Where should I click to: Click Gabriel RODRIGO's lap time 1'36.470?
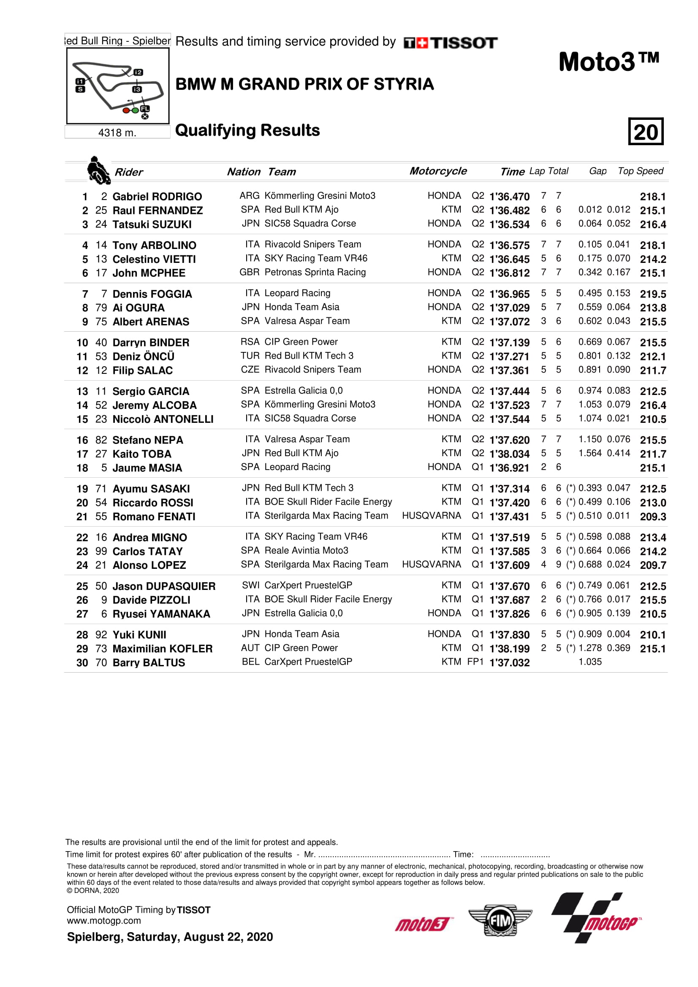[509, 197]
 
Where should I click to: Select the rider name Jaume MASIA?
[147, 468]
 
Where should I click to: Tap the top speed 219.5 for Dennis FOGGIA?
[652, 294]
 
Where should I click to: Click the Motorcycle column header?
[438, 171]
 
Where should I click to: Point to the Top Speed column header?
[641, 171]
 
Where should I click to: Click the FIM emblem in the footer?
[500, 920]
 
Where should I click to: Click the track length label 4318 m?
[117, 133]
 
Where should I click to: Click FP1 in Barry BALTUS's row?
[475, 662]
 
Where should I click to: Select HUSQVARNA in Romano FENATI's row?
[431, 515]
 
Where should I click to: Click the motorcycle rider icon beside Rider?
[98, 170]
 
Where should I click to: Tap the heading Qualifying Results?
[247, 130]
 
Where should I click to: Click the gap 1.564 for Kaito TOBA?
[589, 453]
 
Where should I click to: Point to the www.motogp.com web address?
[103, 921]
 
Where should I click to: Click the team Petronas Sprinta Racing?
[315, 272]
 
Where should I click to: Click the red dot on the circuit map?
[126, 111]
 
